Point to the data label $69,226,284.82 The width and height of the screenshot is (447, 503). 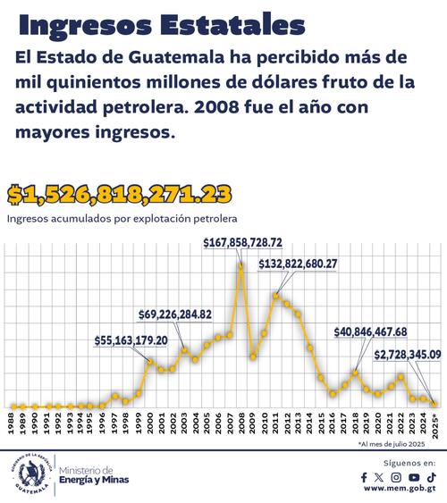point(188,314)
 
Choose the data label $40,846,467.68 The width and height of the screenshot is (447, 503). point(383,331)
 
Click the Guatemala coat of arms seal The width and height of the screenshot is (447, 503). point(30,471)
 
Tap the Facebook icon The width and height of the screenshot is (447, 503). point(364,478)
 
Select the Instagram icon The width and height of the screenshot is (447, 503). point(396,478)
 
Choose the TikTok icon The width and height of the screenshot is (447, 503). point(430,478)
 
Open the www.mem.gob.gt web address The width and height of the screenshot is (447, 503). point(398,492)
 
